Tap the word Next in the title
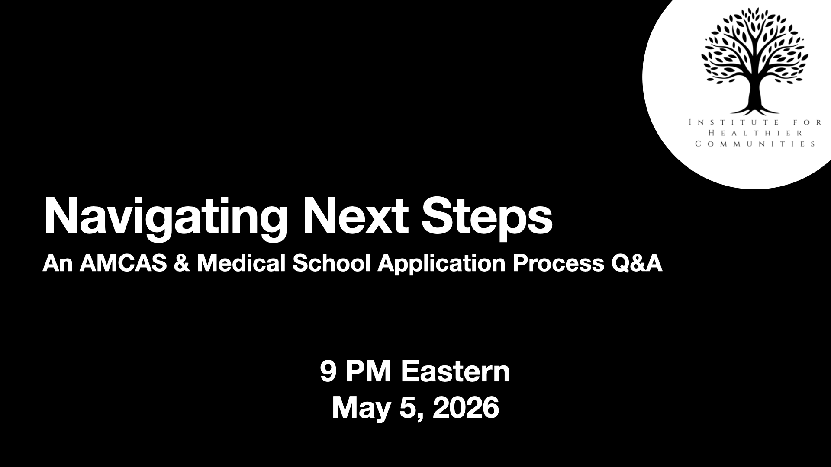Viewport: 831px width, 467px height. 355,215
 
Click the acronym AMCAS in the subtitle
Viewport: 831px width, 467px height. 123,263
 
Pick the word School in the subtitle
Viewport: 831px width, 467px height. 331,263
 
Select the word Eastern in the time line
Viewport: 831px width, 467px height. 456,371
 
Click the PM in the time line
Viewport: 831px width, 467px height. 370,371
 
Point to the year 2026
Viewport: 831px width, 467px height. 466,407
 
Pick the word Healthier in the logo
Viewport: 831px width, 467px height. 755,133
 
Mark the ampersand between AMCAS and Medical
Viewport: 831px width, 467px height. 182,264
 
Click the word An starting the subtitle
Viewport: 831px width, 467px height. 58,264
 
